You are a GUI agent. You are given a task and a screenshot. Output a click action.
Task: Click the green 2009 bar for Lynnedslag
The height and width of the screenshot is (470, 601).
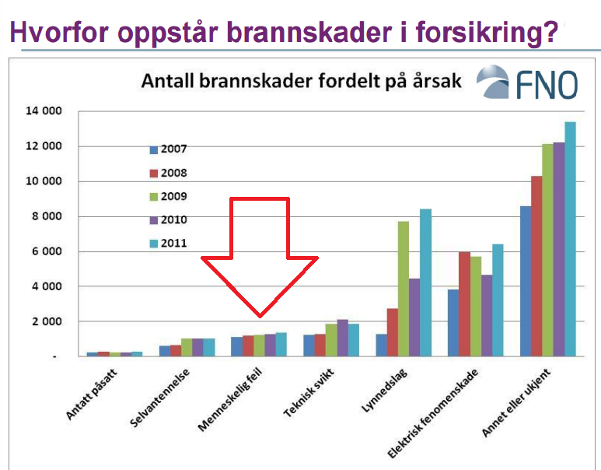click(x=404, y=289)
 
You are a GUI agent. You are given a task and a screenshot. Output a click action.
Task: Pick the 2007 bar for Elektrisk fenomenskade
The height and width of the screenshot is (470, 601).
click(x=453, y=323)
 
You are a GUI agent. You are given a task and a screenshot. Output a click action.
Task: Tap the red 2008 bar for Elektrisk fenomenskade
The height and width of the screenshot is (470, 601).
click(x=464, y=304)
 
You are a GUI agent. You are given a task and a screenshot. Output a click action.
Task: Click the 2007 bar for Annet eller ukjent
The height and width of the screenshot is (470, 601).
click(x=526, y=281)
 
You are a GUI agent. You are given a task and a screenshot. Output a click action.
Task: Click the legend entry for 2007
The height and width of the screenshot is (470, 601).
click(x=169, y=149)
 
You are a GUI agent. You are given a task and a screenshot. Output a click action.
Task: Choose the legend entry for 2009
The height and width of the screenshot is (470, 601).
click(x=169, y=196)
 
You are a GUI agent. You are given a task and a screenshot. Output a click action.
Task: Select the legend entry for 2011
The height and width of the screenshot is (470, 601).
click(x=169, y=243)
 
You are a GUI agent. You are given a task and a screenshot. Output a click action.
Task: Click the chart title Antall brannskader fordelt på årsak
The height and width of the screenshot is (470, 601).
click(x=301, y=81)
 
